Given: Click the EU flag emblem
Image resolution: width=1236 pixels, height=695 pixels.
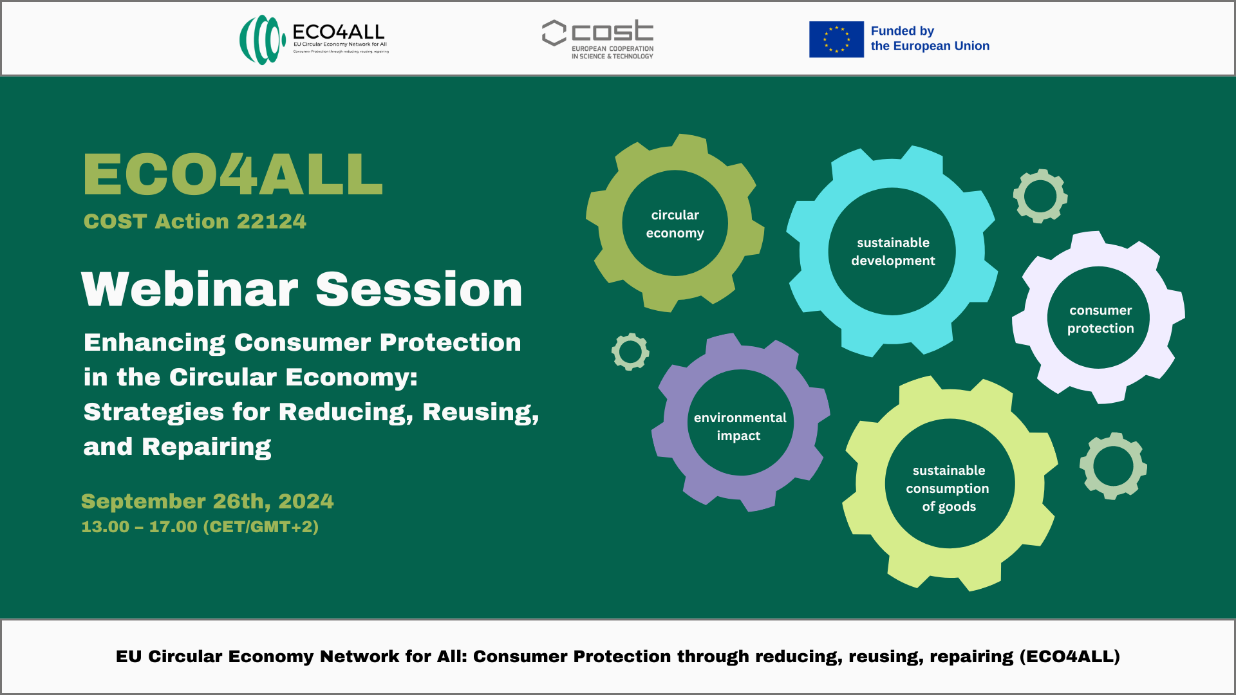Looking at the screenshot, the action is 836,39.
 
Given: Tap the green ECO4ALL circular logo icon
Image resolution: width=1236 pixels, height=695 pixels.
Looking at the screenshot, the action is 263,40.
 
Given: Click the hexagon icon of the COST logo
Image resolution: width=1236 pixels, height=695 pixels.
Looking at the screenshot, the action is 554,33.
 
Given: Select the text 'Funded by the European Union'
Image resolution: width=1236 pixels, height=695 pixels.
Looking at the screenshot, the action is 930,39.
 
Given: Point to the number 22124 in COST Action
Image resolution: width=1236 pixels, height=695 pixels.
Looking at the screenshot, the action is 272,221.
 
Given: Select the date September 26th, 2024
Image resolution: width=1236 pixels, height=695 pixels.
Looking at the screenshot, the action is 207,501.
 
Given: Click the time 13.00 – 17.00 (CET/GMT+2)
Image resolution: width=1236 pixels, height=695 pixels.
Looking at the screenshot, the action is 200,527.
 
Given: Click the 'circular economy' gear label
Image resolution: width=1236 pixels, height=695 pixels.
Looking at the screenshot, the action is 675,224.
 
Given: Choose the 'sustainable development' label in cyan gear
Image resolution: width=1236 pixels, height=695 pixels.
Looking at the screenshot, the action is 893,252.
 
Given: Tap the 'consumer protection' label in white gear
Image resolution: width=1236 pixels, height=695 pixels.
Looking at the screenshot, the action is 1100,319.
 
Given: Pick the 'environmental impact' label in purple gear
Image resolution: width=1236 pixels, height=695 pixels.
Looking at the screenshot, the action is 740,427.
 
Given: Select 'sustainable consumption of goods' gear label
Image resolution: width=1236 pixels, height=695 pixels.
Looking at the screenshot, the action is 948,488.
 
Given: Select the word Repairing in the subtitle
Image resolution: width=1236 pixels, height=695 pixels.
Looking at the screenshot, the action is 206,447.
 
